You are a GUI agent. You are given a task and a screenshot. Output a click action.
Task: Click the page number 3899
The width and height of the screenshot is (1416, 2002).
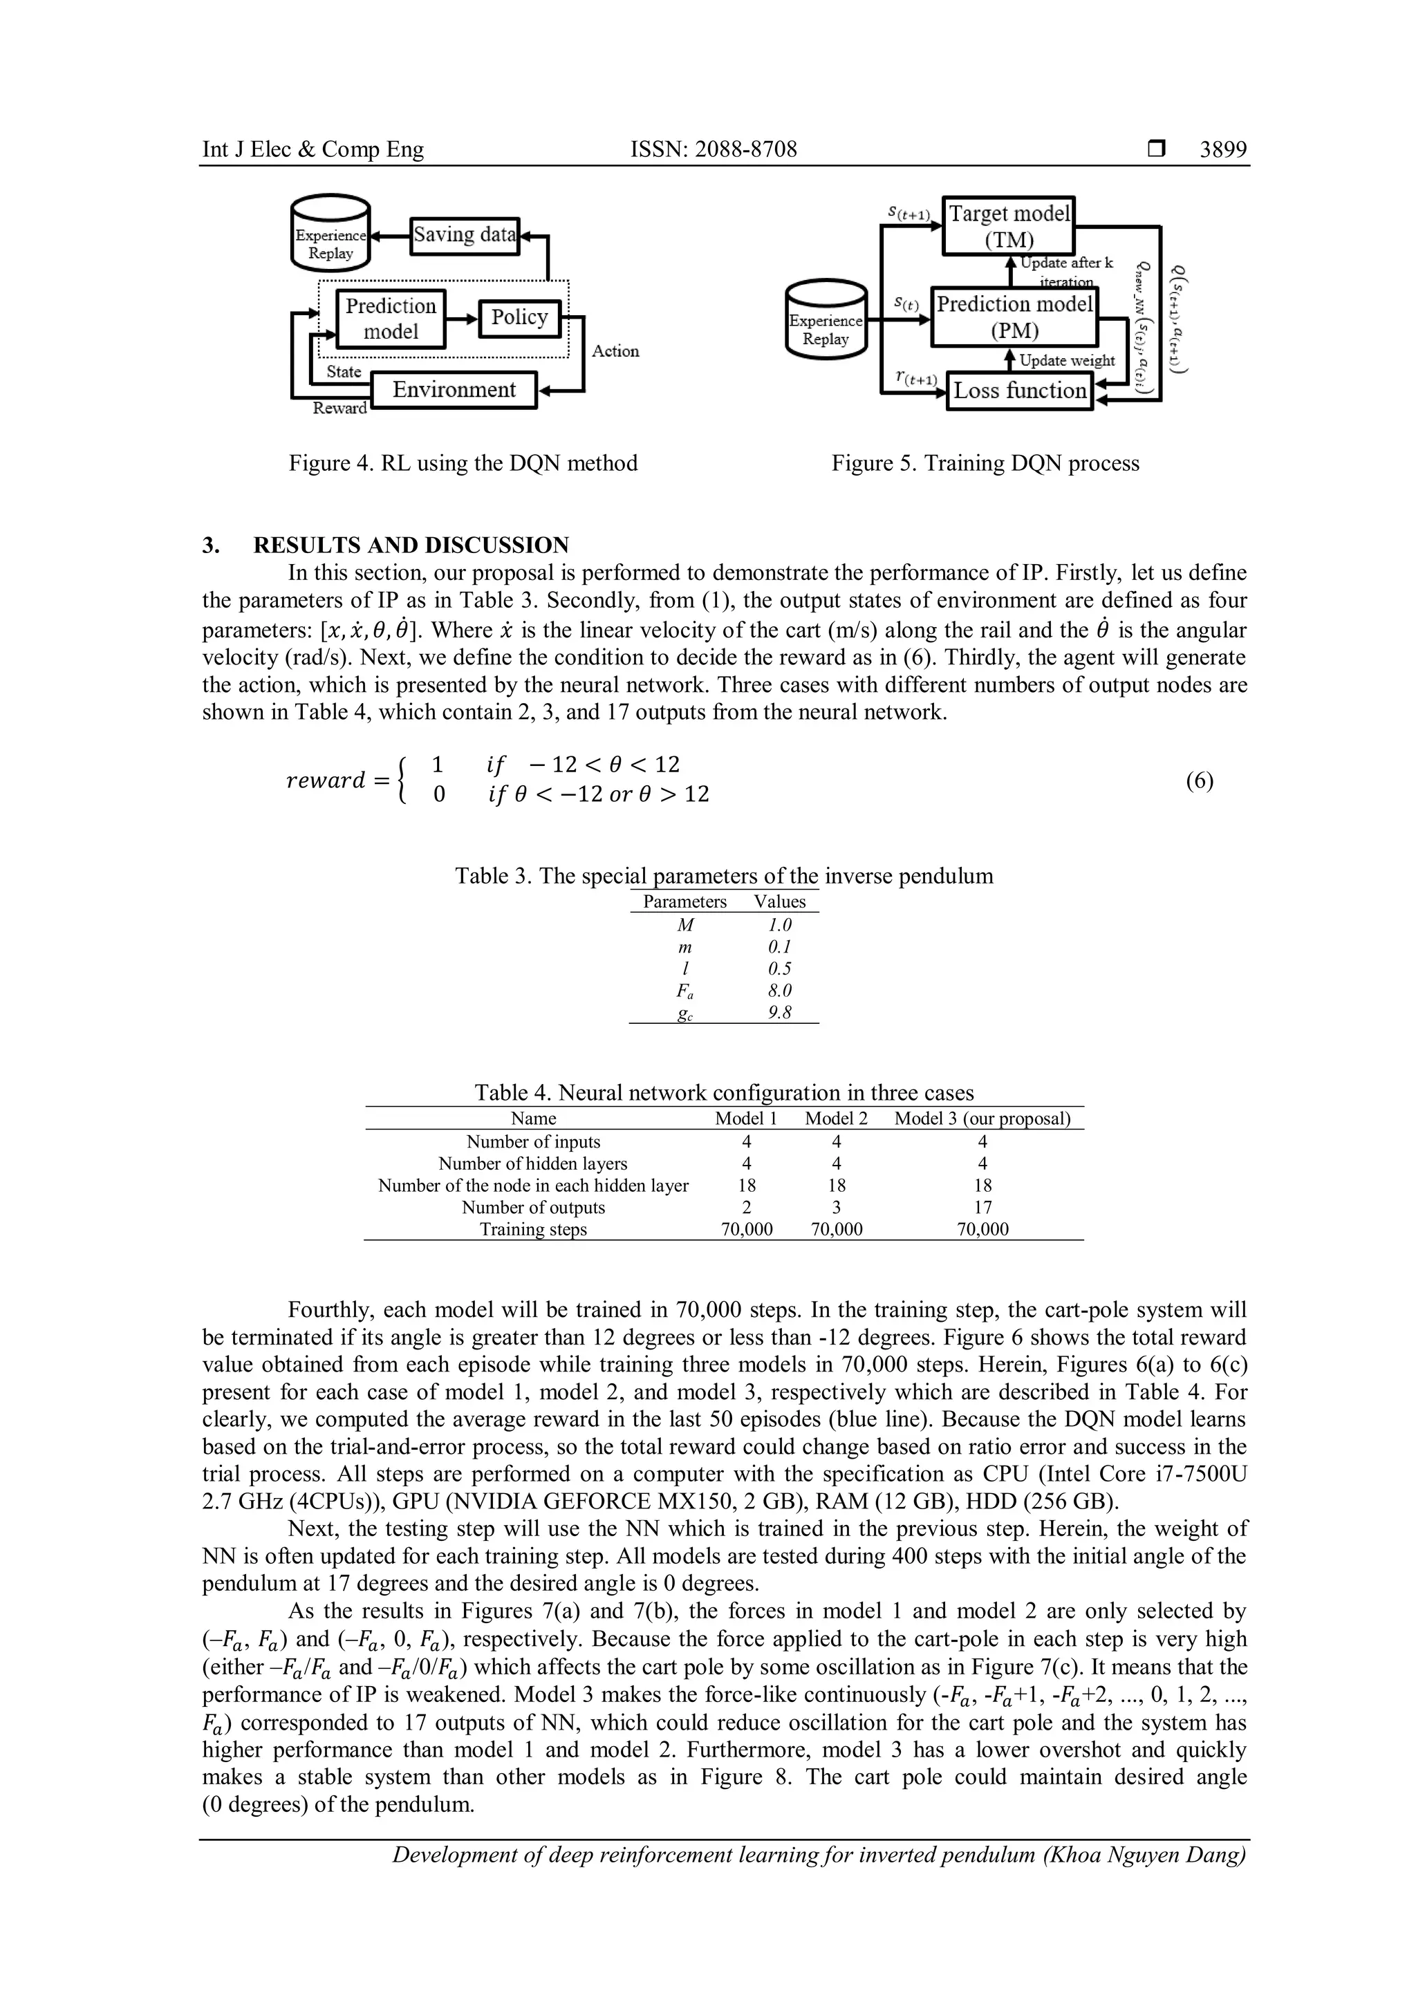[1222, 149]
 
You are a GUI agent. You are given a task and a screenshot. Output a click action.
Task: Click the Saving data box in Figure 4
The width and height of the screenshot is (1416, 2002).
[465, 236]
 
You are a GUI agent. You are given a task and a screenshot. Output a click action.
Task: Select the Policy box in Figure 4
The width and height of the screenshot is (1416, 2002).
[520, 317]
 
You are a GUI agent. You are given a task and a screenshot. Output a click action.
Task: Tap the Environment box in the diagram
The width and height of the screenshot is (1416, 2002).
[454, 390]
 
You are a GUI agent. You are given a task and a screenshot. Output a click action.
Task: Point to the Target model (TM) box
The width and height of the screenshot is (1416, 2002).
[1009, 226]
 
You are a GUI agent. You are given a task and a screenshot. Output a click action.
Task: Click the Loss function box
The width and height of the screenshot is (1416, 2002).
[1019, 391]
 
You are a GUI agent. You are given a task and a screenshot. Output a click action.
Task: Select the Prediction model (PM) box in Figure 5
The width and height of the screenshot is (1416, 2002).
[1014, 317]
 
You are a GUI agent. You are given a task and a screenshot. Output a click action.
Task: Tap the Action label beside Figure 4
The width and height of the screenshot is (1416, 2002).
[615, 351]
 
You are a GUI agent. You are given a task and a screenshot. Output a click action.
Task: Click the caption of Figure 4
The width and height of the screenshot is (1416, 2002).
[463, 463]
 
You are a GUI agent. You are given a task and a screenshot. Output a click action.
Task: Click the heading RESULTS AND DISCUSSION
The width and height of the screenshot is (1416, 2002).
[411, 546]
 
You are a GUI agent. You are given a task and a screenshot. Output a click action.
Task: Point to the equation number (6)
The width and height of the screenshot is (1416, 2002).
[1199, 780]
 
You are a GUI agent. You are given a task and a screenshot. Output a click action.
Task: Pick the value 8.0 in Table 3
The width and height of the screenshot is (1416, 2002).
[779, 991]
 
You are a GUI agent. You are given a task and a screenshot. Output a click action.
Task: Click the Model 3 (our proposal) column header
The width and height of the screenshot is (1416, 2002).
[982, 1119]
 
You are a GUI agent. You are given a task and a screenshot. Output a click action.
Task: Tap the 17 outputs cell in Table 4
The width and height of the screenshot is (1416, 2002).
[982, 1208]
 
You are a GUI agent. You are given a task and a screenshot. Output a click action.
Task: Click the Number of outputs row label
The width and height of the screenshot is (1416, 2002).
[533, 1208]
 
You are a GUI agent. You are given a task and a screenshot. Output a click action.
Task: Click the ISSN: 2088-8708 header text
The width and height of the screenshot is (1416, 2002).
[714, 149]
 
